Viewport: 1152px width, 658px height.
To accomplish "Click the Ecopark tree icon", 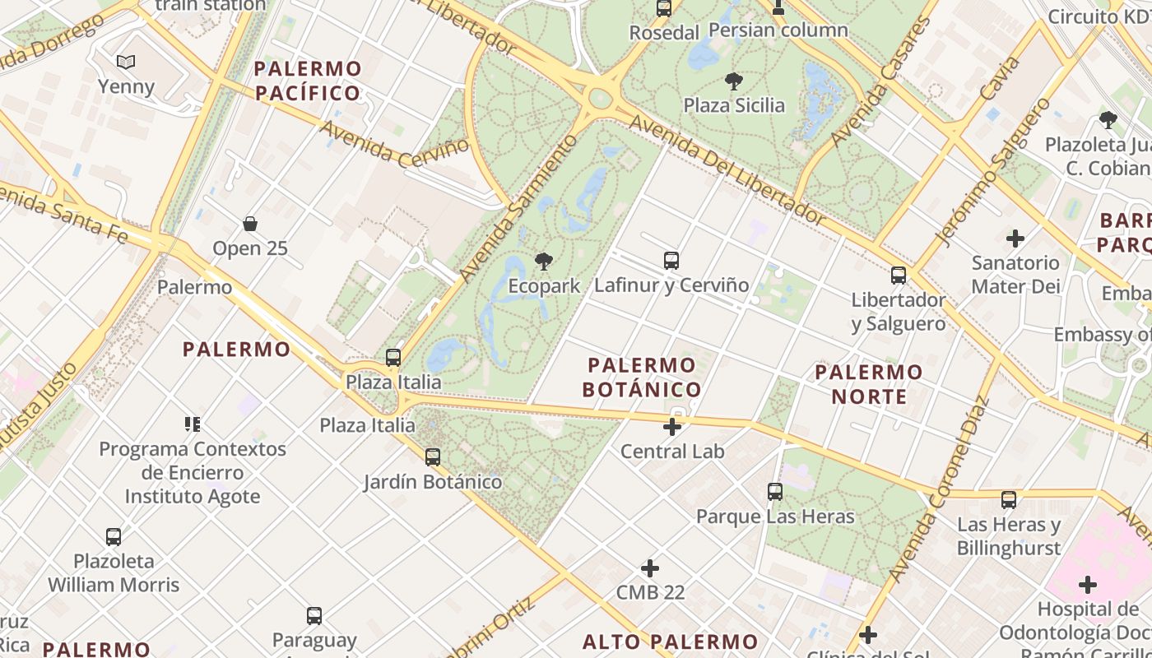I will tap(543, 262).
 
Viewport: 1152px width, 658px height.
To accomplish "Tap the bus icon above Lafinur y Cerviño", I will tap(671, 261).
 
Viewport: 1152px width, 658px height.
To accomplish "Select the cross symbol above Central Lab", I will tap(672, 427).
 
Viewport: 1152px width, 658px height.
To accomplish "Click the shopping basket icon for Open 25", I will tap(250, 224).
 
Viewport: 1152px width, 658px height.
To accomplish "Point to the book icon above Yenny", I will tap(126, 62).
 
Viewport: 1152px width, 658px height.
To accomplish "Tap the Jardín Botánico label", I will tap(433, 482).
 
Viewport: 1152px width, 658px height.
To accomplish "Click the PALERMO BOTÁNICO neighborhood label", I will tap(642, 377).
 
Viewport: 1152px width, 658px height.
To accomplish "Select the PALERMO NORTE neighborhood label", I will tap(869, 384).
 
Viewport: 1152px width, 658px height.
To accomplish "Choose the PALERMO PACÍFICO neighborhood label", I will tap(308, 81).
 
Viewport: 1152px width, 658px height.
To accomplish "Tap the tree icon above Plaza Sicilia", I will tap(734, 81).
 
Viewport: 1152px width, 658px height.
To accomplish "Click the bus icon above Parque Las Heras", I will tap(775, 492).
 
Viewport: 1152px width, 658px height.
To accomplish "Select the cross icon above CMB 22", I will tap(650, 568).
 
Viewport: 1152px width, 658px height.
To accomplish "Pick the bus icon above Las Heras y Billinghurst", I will tap(1009, 499).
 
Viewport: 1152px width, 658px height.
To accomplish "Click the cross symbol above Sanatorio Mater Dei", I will tap(1015, 239).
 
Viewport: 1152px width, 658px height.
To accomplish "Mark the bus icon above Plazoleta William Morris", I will tap(114, 537).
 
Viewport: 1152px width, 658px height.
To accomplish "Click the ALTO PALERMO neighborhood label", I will tap(671, 642).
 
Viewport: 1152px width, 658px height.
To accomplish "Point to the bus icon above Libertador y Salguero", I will tap(899, 276).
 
